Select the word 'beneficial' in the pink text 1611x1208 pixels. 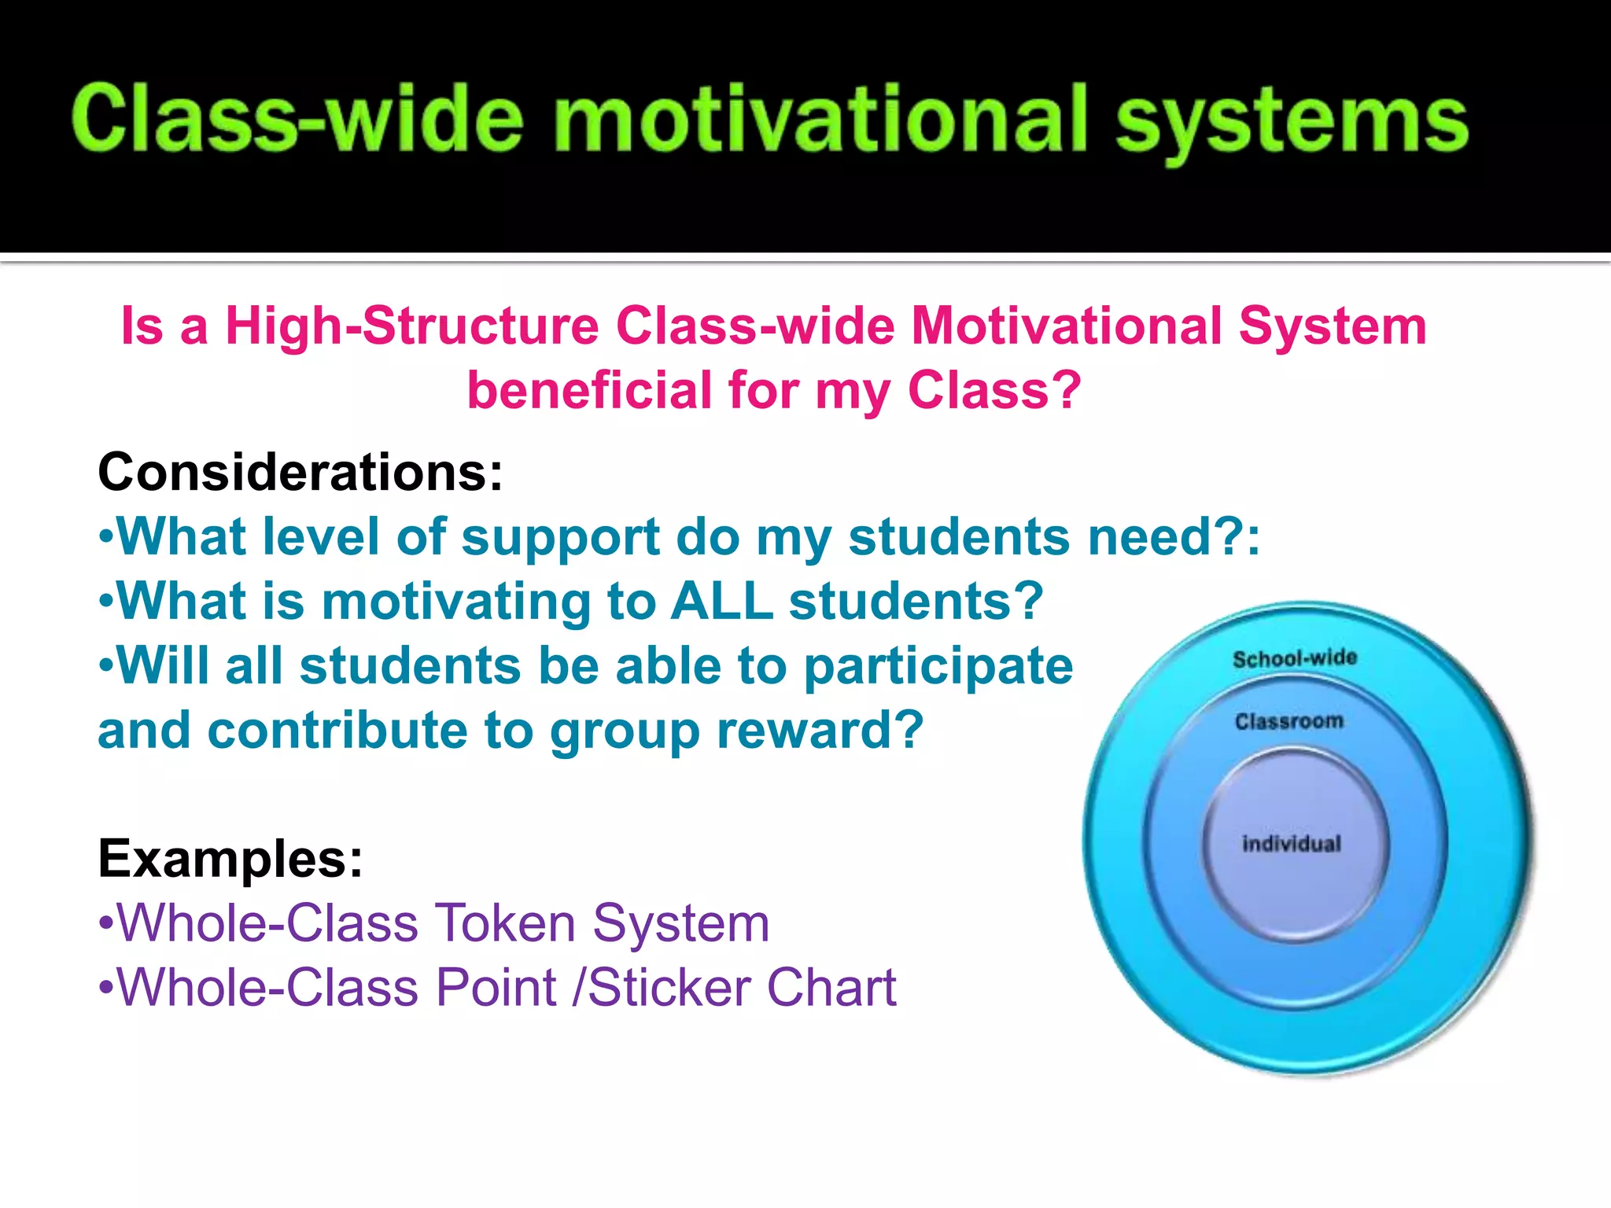(x=589, y=390)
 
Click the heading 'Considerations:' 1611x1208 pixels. (x=300, y=473)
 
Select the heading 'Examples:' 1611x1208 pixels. (x=230, y=859)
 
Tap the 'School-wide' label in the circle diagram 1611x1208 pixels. (x=1295, y=658)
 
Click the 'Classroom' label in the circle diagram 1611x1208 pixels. (x=1288, y=721)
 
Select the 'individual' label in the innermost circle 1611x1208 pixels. (x=1291, y=844)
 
